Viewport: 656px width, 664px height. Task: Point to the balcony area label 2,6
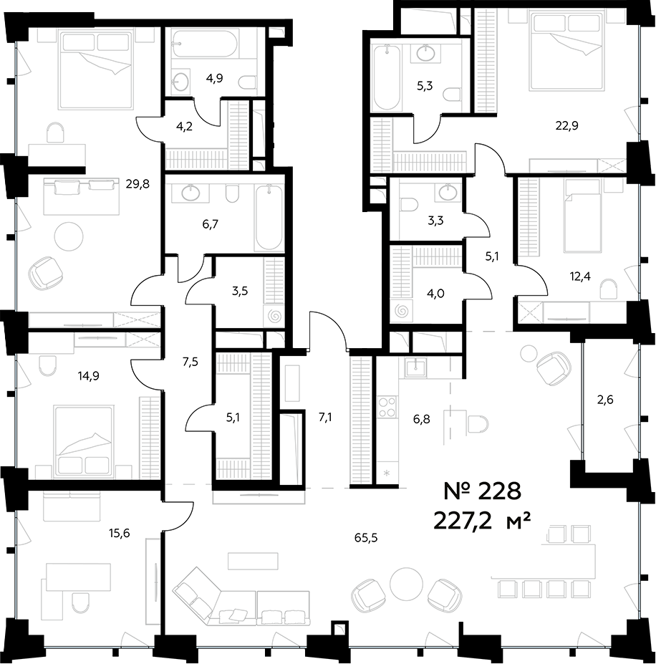coord(605,400)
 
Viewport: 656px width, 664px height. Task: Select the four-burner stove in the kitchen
coord(387,407)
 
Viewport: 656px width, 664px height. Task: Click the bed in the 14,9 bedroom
coord(85,441)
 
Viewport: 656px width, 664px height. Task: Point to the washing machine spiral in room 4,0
coord(402,311)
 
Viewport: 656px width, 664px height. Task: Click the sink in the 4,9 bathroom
coord(181,82)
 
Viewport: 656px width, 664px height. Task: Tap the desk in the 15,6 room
coord(79,576)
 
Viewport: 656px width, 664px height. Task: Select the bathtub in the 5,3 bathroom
coord(387,77)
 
